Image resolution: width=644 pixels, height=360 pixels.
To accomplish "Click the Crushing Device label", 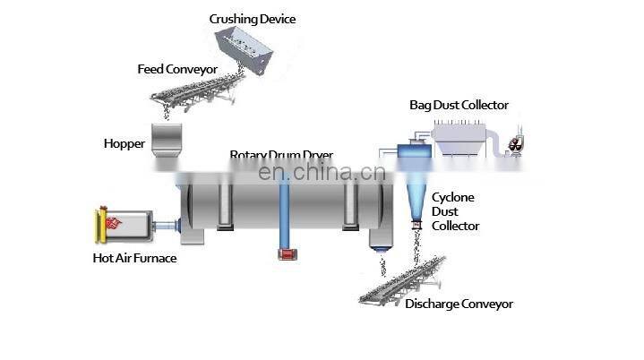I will click(x=252, y=19).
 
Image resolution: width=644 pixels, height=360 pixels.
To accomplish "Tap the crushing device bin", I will click(x=247, y=49).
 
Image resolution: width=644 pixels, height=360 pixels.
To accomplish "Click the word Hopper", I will click(x=124, y=143).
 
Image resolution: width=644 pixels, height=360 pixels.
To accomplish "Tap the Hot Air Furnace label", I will click(x=134, y=259).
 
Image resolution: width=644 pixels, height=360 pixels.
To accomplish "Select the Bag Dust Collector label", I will click(x=459, y=106).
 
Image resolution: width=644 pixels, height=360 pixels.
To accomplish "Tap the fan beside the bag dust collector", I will click(x=516, y=143).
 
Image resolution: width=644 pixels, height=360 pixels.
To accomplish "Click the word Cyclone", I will click(x=453, y=197).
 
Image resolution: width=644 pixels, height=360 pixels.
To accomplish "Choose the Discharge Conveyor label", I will click(x=459, y=304).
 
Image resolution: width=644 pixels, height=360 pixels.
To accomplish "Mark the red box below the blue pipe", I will click(x=288, y=254).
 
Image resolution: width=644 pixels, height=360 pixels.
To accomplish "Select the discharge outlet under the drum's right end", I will click(x=381, y=238).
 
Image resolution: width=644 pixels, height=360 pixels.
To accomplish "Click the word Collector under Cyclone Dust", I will click(x=456, y=226).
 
